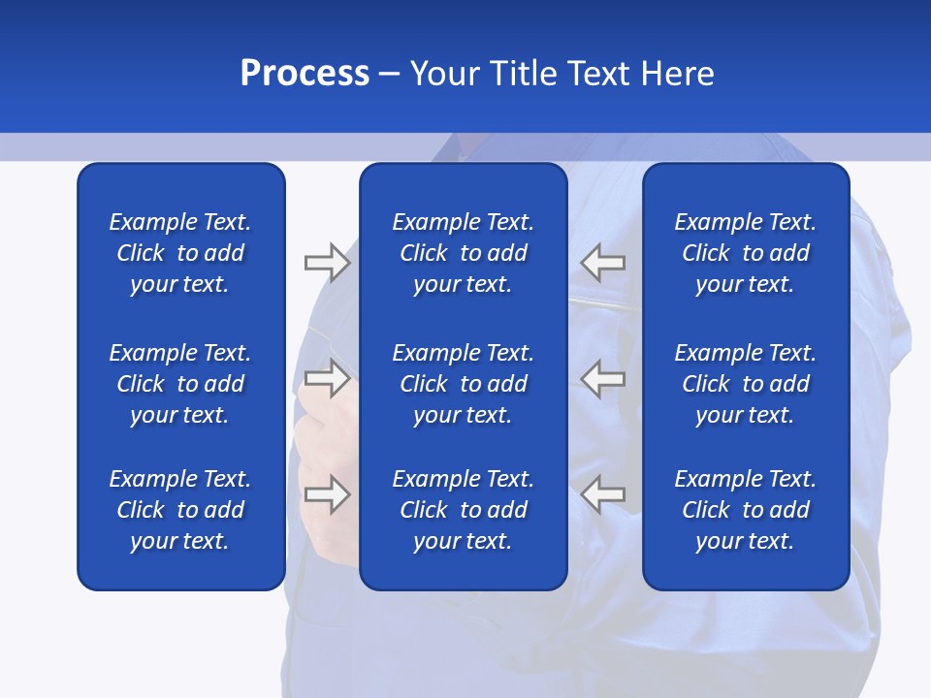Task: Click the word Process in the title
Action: pos(305,74)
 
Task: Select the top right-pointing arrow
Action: pos(327,262)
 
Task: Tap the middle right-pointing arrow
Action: pos(327,378)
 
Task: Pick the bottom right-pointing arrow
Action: pos(327,494)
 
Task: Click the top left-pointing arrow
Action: pos(602,262)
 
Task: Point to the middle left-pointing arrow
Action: pos(602,378)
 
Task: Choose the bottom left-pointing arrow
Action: pos(602,494)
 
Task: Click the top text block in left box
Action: pos(180,253)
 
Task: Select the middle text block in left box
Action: pos(180,384)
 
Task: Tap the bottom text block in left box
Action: pos(180,510)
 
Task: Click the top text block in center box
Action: pos(463,253)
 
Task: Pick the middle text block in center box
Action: pos(463,384)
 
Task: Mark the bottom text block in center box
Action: pos(463,510)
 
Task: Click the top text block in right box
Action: pos(745,253)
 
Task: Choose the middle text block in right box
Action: pos(745,384)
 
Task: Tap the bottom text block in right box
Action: pos(745,510)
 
